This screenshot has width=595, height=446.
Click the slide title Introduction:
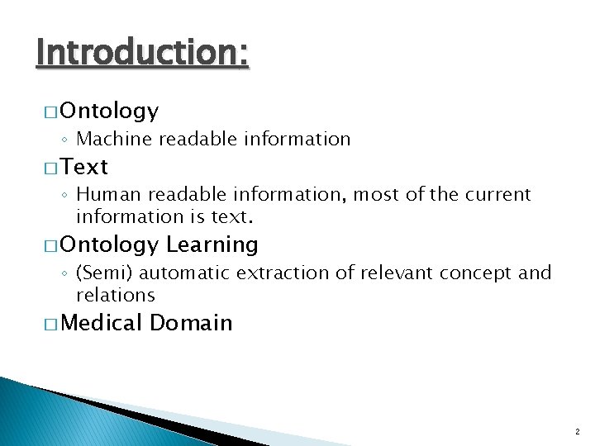click(x=142, y=54)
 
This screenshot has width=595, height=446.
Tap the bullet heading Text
click(x=84, y=167)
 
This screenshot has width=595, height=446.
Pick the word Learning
click(x=212, y=244)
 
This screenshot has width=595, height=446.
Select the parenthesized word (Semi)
click(x=103, y=273)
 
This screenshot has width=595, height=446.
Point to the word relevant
click(x=383, y=273)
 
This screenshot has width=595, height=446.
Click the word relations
click(x=115, y=295)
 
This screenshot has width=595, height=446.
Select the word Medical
click(x=101, y=323)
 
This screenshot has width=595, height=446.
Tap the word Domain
click(x=191, y=323)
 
